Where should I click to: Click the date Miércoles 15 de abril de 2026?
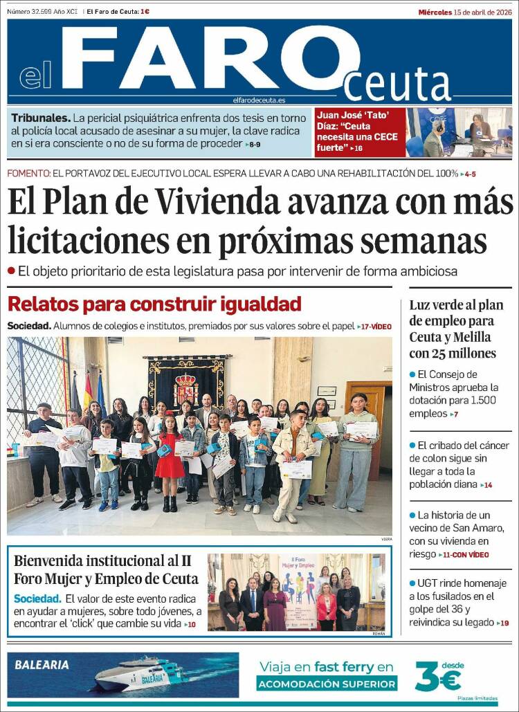pos(465,12)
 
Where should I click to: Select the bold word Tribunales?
pos(40,118)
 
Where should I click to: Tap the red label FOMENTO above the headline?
pos(28,173)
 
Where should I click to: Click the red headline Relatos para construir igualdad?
pos(154,304)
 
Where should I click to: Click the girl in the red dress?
pos(169,460)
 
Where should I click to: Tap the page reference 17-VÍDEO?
pos(374,326)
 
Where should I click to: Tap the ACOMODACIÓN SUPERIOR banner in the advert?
pos(327,684)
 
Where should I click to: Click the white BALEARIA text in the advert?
pos(42,665)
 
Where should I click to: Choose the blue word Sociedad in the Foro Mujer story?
pos(37,599)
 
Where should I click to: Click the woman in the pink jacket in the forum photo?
pos(326,605)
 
